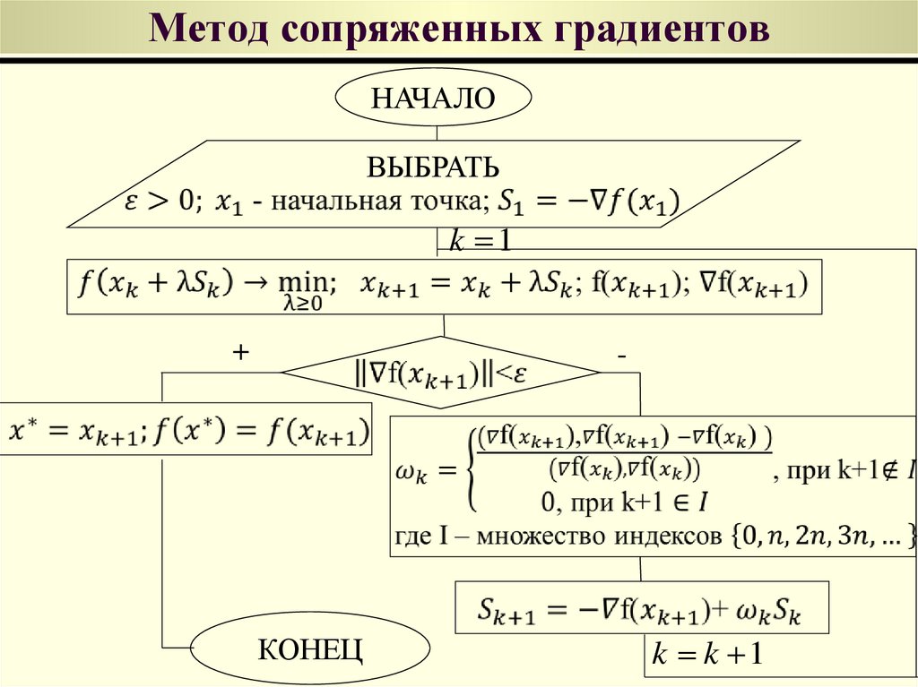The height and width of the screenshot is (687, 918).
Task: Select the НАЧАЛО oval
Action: coord(433,98)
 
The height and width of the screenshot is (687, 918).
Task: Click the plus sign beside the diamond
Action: coord(239,354)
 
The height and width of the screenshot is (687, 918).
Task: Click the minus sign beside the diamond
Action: coord(620,356)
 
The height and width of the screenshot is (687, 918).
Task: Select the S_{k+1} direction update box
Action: coord(641,611)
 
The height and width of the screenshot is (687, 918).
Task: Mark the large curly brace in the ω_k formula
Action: coord(469,470)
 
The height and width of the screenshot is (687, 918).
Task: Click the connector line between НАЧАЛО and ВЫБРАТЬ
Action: coord(437,132)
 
